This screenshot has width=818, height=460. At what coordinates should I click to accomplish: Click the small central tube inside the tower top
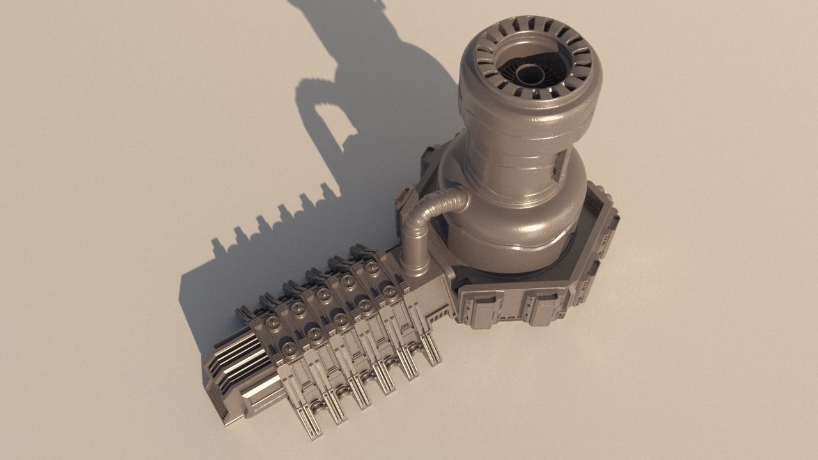point(529,72)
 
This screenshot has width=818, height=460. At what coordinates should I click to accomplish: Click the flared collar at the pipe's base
point(415,267)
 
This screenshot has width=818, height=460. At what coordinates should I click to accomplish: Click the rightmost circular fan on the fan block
point(389,291)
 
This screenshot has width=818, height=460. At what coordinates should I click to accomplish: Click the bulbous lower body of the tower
point(511,230)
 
